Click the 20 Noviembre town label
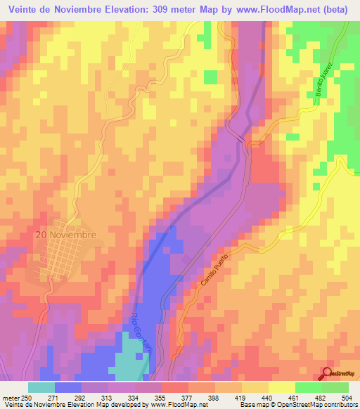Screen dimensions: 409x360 (x=68, y=235)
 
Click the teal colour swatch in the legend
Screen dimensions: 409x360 (x=41, y=387)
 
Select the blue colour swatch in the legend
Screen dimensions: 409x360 (x=68, y=387)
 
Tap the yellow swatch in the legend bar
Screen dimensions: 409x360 (x=282, y=387)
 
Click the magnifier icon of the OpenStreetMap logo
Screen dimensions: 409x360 (x=328, y=374)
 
